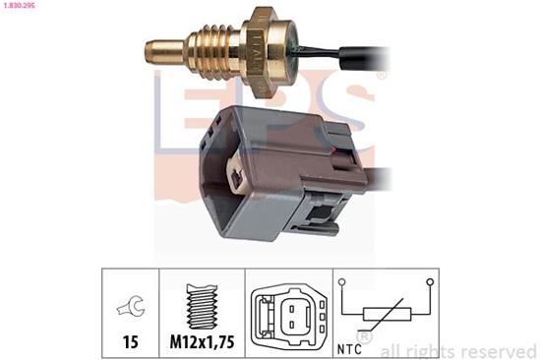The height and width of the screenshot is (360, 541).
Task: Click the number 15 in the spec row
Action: pyautogui.click(x=129, y=342)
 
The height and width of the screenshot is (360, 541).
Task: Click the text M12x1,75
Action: pyautogui.click(x=203, y=342)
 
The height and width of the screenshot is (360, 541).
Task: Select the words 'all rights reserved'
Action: pyautogui.click(x=457, y=350)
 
